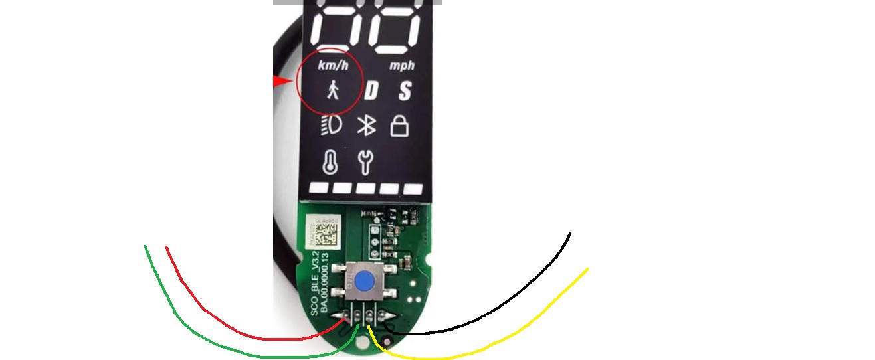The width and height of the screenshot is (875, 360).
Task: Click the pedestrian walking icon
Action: coord(333,89)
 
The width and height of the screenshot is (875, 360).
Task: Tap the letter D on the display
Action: coord(371,90)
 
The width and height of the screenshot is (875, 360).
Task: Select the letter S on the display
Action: coord(405,90)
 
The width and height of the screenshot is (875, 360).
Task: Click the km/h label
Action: coord(333,65)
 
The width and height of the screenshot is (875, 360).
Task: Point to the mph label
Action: coord(401,66)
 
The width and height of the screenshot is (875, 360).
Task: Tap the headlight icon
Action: coord(331,126)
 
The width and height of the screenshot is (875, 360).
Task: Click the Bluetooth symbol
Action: coord(366,126)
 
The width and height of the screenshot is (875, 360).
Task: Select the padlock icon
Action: coord(399,125)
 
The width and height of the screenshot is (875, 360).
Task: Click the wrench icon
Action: coord(365,162)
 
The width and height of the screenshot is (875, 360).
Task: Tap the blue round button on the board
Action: coord(364,282)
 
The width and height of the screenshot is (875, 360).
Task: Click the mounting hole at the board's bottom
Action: coord(361,344)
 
